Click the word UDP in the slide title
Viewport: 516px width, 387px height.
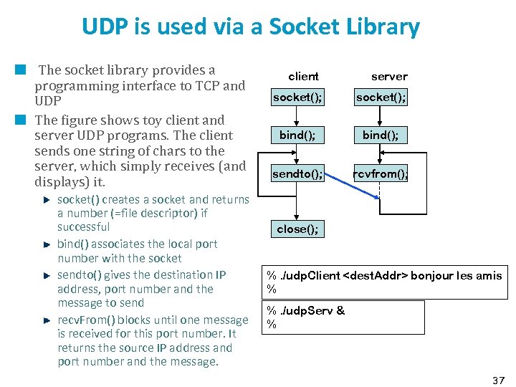point(102,27)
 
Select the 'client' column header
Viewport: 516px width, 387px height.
point(303,76)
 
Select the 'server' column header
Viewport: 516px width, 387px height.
point(389,76)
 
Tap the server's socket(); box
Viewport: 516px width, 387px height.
point(381,97)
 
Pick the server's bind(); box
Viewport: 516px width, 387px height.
point(381,135)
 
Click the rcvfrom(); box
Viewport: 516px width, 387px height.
point(380,173)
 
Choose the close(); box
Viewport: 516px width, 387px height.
point(297,229)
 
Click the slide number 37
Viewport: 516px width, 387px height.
point(499,379)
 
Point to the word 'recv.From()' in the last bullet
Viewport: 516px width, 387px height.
point(85,320)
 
